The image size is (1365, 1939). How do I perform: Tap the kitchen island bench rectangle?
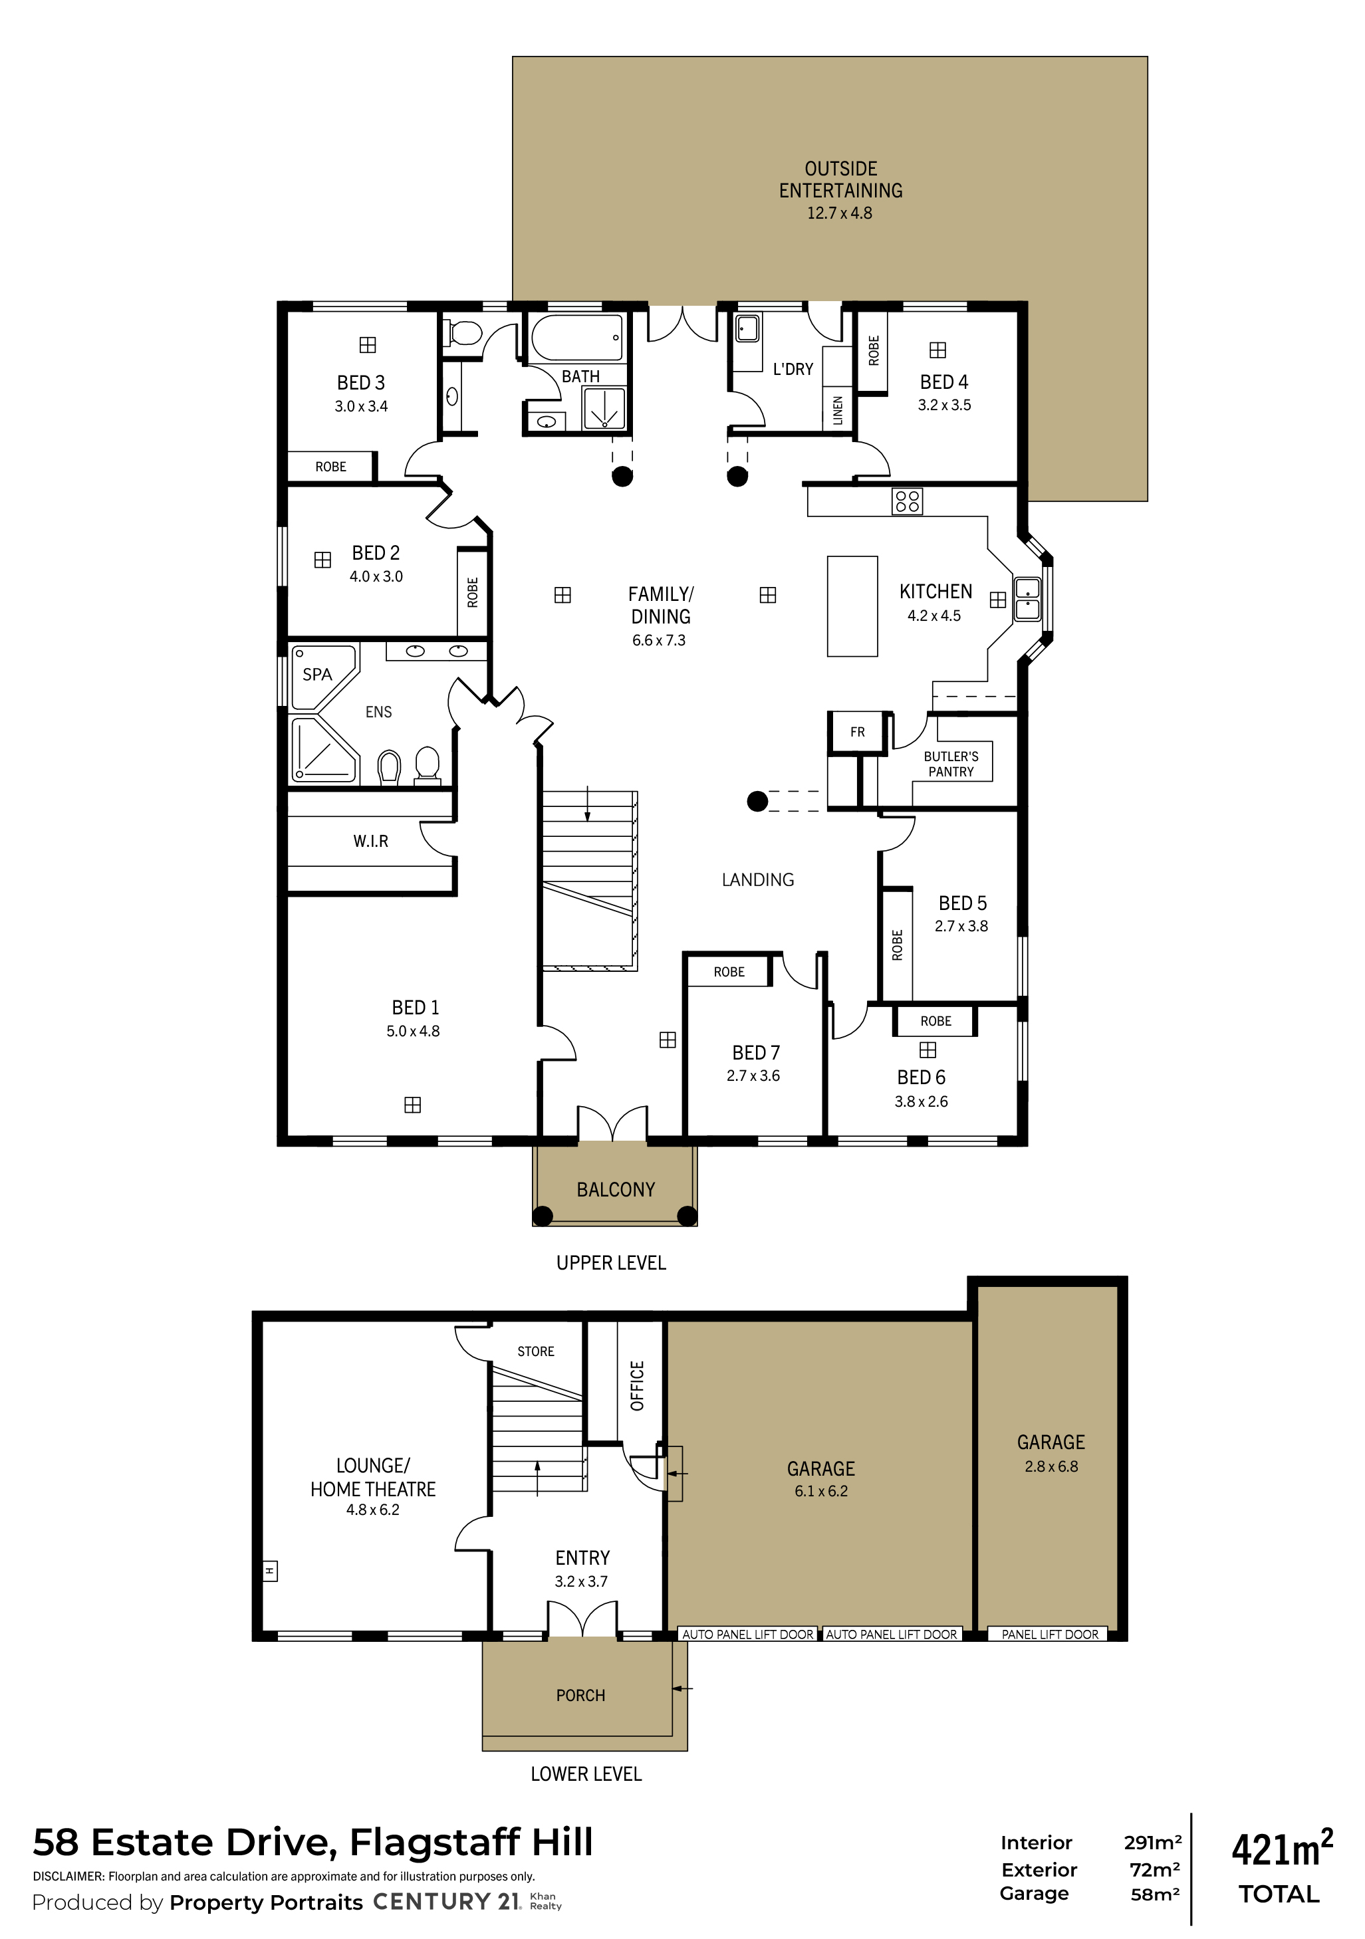tap(852, 606)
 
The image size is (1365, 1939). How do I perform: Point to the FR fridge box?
tap(857, 732)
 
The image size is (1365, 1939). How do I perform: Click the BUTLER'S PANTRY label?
tap(951, 764)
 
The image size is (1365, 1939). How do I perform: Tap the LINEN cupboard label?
tap(838, 410)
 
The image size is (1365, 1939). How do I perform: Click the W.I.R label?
tap(371, 841)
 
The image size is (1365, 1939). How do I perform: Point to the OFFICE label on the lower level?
tap(638, 1385)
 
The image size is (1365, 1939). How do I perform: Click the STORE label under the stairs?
tap(535, 1351)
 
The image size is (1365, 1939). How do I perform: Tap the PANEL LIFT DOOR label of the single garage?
tap(1050, 1634)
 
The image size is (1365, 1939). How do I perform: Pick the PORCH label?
tap(580, 1695)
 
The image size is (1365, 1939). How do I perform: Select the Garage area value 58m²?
tap(1155, 1894)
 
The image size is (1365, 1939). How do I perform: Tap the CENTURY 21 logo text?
tap(447, 1901)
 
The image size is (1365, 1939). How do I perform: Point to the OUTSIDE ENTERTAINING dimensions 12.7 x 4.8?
tap(839, 213)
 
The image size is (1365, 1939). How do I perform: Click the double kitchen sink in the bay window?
tap(1027, 599)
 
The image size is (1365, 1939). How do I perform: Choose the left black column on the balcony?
tap(543, 1216)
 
